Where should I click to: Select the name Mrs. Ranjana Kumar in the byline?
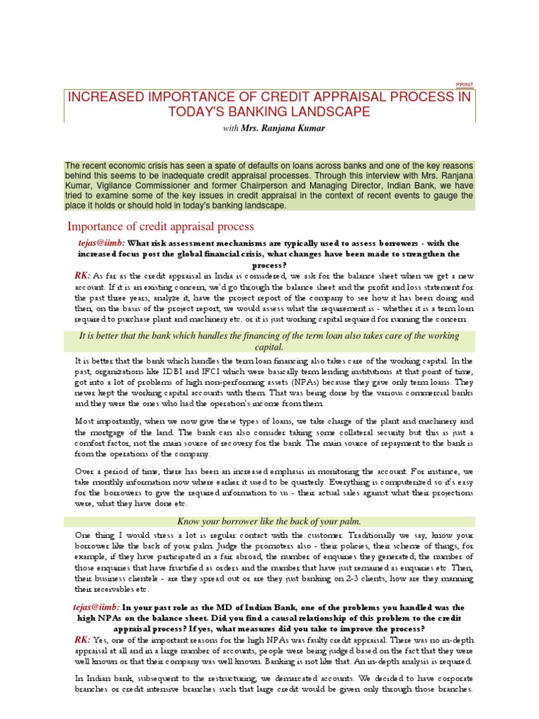tap(273, 128)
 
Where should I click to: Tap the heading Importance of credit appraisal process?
tap(160, 226)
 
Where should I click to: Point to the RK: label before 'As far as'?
tap(82, 275)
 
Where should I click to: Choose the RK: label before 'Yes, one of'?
tap(82, 640)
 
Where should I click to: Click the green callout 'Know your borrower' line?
tap(269, 521)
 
